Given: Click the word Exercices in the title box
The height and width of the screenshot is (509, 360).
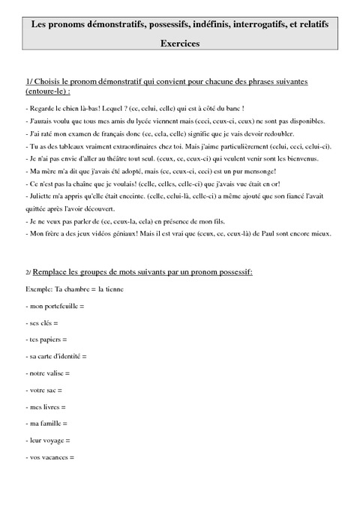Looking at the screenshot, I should pos(180,44).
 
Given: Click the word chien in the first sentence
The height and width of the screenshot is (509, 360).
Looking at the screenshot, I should pos(67,109).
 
